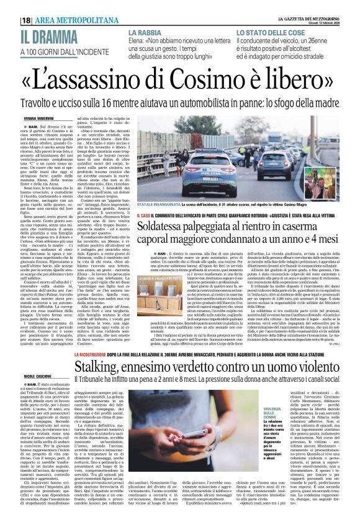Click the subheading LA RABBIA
[143, 32]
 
